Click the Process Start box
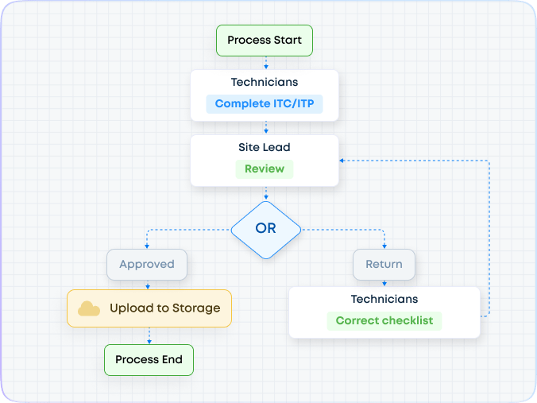(x=265, y=41)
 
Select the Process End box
(x=149, y=359)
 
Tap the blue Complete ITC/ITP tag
(x=265, y=104)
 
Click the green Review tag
(x=265, y=169)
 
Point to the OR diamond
(x=265, y=229)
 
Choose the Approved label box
(x=147, y=264)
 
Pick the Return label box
(x=384, y=264)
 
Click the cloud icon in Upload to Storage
(x=89, y=308)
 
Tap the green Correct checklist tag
(x=384, y=321)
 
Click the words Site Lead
(x=265, y=147)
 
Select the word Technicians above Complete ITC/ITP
(x=265, y=83)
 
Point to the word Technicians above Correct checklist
(x=384, y=300)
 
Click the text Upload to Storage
(x=164, y=308)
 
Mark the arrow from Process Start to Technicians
(x=265, y=63)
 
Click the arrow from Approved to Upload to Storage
(x=147, y=285)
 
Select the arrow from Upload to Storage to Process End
(x=149, y=336)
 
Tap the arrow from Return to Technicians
(x=384, y=283)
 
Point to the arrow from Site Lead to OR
(x=265, y=193)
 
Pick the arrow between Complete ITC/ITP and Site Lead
(x=265, y=128)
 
